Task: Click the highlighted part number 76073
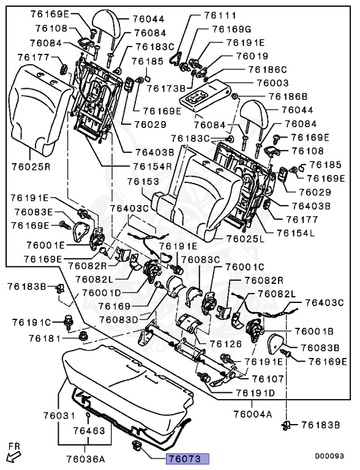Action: (x=187, y=459)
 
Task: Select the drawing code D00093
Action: (x=329, y=456)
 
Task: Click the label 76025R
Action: (x=31, y=166)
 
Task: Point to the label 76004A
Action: (x=253, y=414)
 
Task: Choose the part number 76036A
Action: (x=86, y=459)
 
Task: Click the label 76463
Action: (x=89, y=431)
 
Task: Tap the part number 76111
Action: (x=220, y=15)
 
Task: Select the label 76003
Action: (x=272, y=83)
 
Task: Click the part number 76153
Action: (x=143, y=182)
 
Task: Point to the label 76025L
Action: (x=246, y=239)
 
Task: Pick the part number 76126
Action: (x=225, y=344)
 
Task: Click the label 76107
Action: (x=268, y=379)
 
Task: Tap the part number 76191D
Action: (x=255, y=393)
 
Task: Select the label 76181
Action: (x=45, y=338)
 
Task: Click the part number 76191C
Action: (x=31, y=323)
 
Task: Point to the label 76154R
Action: (x=152, y=166)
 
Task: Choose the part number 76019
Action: (x=252, y=56)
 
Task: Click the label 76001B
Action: (x=314, y=332)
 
